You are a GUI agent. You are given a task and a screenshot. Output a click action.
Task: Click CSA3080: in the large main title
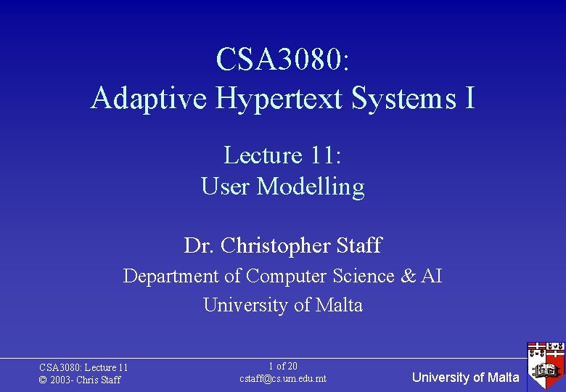coord(282,60)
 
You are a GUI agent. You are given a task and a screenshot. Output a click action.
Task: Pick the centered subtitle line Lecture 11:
coord(282,155)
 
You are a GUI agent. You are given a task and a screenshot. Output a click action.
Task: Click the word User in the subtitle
coord(226,187)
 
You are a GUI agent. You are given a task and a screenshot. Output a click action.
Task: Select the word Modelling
coord(311,187)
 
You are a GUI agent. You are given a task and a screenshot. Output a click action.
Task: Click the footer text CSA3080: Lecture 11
coord(83,368)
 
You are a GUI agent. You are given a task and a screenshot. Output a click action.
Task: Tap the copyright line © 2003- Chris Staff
coord(80,380)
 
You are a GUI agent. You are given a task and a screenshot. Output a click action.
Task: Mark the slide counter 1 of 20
coord(282,367)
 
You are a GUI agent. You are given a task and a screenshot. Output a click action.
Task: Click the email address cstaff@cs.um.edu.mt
coord(282,379)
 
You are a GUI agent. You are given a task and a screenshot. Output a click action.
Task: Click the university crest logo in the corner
coord(545,366)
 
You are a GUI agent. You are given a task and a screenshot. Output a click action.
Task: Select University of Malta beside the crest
coord(465,377)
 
